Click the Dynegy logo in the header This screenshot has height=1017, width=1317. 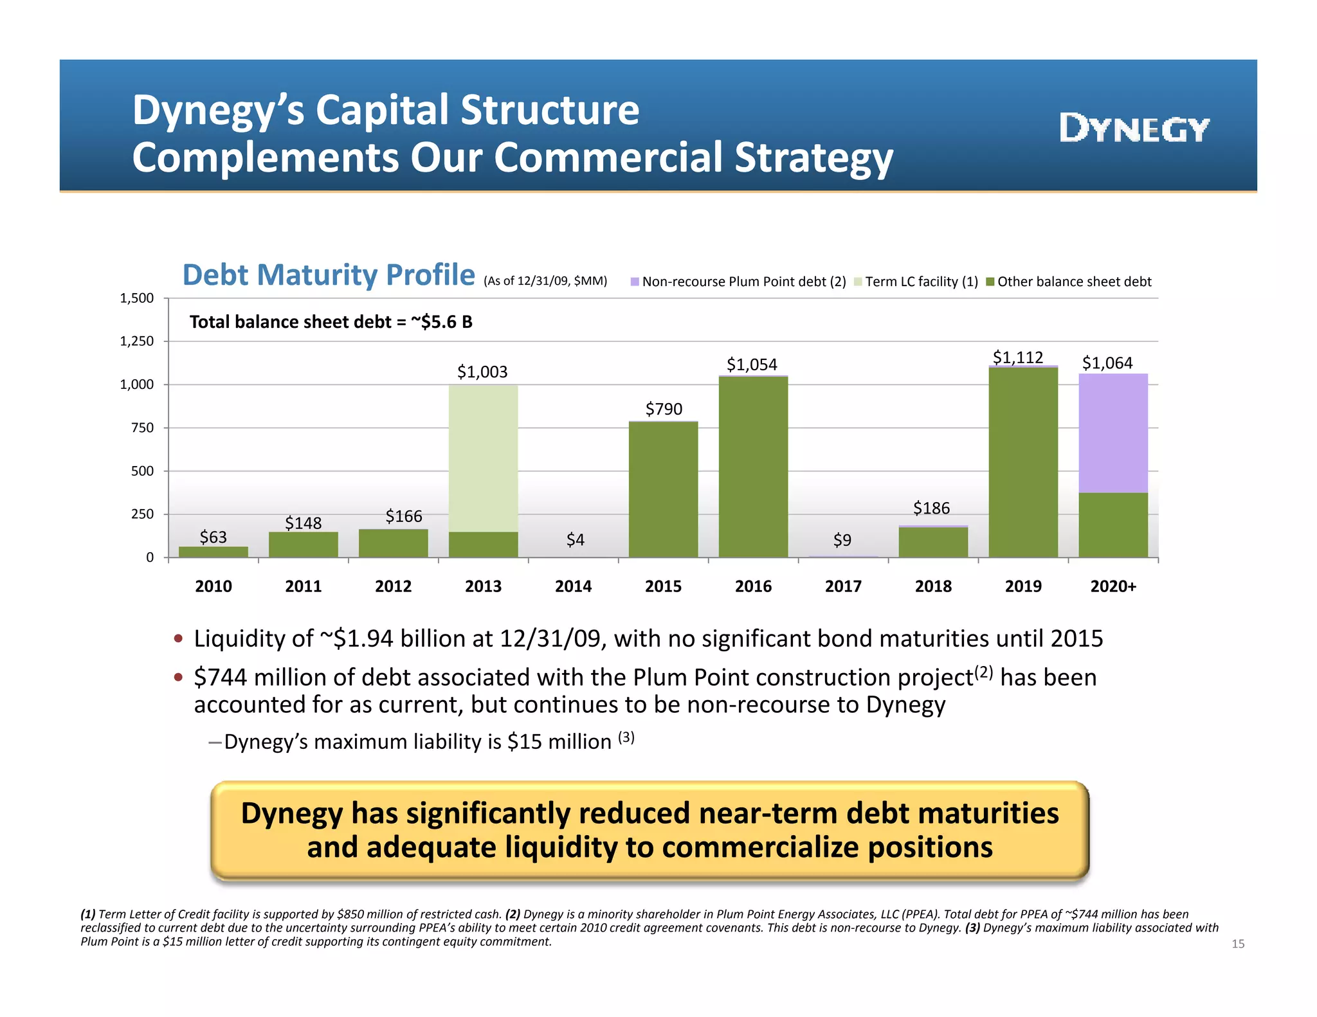1134,129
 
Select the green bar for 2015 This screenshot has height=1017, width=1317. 663,490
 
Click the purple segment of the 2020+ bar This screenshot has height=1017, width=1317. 1113,433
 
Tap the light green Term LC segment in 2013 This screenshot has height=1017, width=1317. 483,458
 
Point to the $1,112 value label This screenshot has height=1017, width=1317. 1017,357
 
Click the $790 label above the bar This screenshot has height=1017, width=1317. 664,409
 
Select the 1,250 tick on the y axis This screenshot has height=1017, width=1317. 137,341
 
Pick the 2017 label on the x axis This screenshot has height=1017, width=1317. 842,586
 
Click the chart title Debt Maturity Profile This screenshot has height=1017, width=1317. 329,275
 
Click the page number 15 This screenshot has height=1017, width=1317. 1238,944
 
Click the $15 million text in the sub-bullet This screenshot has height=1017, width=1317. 559,742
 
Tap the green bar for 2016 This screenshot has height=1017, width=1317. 753,467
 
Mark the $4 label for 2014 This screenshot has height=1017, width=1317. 575,540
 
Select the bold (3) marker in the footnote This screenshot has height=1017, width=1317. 972,928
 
